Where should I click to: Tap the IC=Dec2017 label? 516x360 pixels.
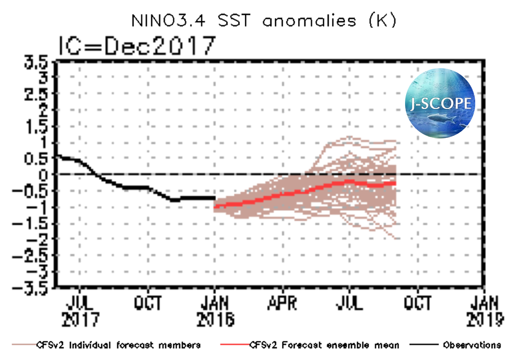[x=135, y=46]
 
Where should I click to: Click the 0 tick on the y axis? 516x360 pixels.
[x=45, y=175]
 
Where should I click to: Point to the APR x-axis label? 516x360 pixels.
[x=282, y=303]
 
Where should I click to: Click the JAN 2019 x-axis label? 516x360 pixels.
[x=485, y=311]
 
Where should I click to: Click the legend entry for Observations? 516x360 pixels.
[x=471, y=345]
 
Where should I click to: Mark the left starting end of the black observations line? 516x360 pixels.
[x=57, y=155]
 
